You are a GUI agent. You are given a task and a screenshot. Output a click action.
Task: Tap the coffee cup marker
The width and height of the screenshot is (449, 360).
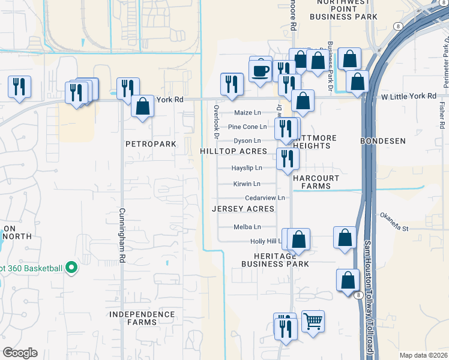coord(261,71)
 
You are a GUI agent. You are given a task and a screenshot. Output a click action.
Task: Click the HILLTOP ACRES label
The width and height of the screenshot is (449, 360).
coord(233,152)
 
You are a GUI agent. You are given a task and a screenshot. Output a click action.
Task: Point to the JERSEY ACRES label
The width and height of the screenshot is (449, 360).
coord(243,209)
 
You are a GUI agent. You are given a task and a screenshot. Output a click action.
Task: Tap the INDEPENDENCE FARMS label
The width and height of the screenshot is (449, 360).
coord(142,318)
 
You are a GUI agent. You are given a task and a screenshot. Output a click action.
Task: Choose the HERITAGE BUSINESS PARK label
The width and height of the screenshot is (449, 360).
coord(275,260)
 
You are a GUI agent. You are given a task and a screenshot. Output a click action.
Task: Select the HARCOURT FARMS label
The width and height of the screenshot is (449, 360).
coord(316,182)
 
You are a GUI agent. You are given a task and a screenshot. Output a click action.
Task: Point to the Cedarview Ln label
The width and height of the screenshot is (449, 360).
coord(264,197)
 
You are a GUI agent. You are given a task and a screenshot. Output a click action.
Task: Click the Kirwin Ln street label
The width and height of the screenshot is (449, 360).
coord(247,184)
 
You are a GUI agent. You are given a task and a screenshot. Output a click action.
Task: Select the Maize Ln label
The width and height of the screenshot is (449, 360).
coord(248,112)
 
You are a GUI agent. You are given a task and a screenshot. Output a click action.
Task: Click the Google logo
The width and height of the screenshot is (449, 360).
coord(20,353)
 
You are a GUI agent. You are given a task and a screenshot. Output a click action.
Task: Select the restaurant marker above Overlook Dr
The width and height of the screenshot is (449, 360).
coord(232,84)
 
